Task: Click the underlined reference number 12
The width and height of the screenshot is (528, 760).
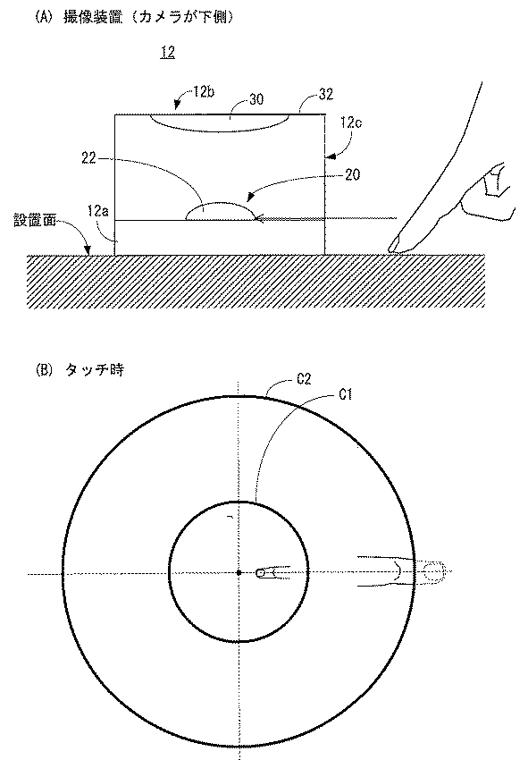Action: (x=168, y=53)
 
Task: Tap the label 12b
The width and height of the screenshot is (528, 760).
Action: (x=204, y=92)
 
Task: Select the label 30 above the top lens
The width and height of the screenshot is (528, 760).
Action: (x=256, y=99)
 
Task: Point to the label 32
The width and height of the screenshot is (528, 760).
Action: (x=326, y=94)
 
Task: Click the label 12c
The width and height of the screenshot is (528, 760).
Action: (x=351, y=122)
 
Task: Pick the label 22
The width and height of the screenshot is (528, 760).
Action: (x=88, y=158)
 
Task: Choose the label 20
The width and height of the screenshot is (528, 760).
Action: (x=353, y=174)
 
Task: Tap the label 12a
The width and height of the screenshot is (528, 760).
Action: (x=98, y=211)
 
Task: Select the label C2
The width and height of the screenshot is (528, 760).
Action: (x=304, y=379)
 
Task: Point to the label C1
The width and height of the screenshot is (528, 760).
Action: (x=345, y=395)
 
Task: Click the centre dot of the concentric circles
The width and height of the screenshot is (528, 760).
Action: (x=239, y=572)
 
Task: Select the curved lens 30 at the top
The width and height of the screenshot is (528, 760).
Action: (x=220, y=123)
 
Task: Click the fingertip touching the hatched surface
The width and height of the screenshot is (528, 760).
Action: (x=394, y=247)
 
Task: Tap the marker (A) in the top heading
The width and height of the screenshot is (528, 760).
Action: (x=42, y=18)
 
